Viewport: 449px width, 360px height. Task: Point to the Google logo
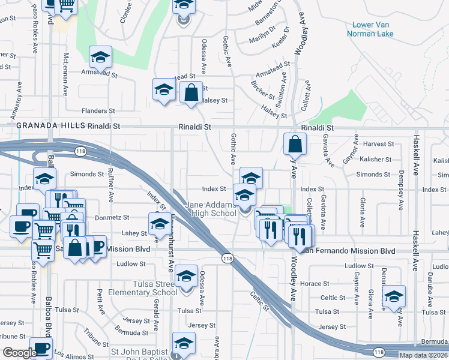click(x=20, y=353)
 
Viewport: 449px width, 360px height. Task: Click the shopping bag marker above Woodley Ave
click(x=295, y=145)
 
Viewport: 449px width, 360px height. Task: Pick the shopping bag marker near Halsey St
click(x=191, y=93)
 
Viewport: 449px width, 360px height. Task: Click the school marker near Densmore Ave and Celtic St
click(x=394, y=296)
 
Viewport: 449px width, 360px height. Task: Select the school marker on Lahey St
click(x=159, y=224)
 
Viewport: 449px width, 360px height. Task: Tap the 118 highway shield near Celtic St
click(x=226, y=258)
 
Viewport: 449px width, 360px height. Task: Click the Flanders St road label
click(x=98, y=111)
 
